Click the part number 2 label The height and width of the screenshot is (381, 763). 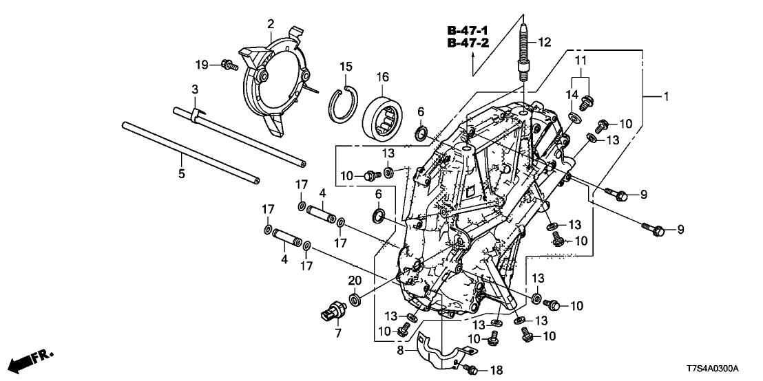point(271,25)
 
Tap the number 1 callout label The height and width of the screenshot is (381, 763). point(666,98)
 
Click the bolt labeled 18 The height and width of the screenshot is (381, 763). point(472,369)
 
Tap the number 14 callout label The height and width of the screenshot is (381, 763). point(572,94)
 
